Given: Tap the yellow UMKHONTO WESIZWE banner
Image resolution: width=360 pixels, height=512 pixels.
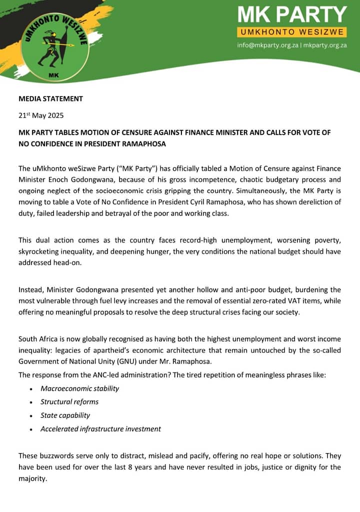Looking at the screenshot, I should pos(292,32).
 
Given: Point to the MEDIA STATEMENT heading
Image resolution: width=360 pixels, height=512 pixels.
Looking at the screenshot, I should pos(50,98).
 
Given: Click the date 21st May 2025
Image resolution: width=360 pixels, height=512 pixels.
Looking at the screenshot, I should pos(42,115).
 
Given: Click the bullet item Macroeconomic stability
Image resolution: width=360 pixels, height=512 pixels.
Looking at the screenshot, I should pos(80,388).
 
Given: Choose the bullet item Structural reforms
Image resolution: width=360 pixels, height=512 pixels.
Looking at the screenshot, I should pos(69,402).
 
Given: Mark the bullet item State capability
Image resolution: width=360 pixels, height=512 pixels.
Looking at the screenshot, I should pos(65,415).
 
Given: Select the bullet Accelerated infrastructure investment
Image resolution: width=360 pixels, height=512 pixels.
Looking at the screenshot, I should pos(100,429).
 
